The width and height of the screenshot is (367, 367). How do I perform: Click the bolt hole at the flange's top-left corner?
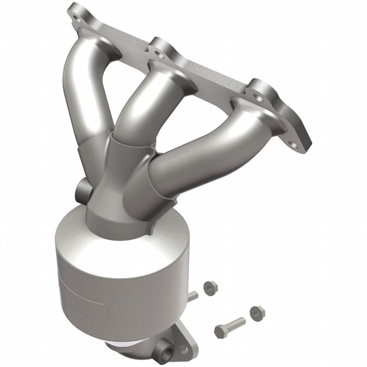point(75,17)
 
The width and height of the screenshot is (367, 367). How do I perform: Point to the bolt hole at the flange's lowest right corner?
point(293,145)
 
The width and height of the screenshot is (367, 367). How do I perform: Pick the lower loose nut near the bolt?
point(257,313)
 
